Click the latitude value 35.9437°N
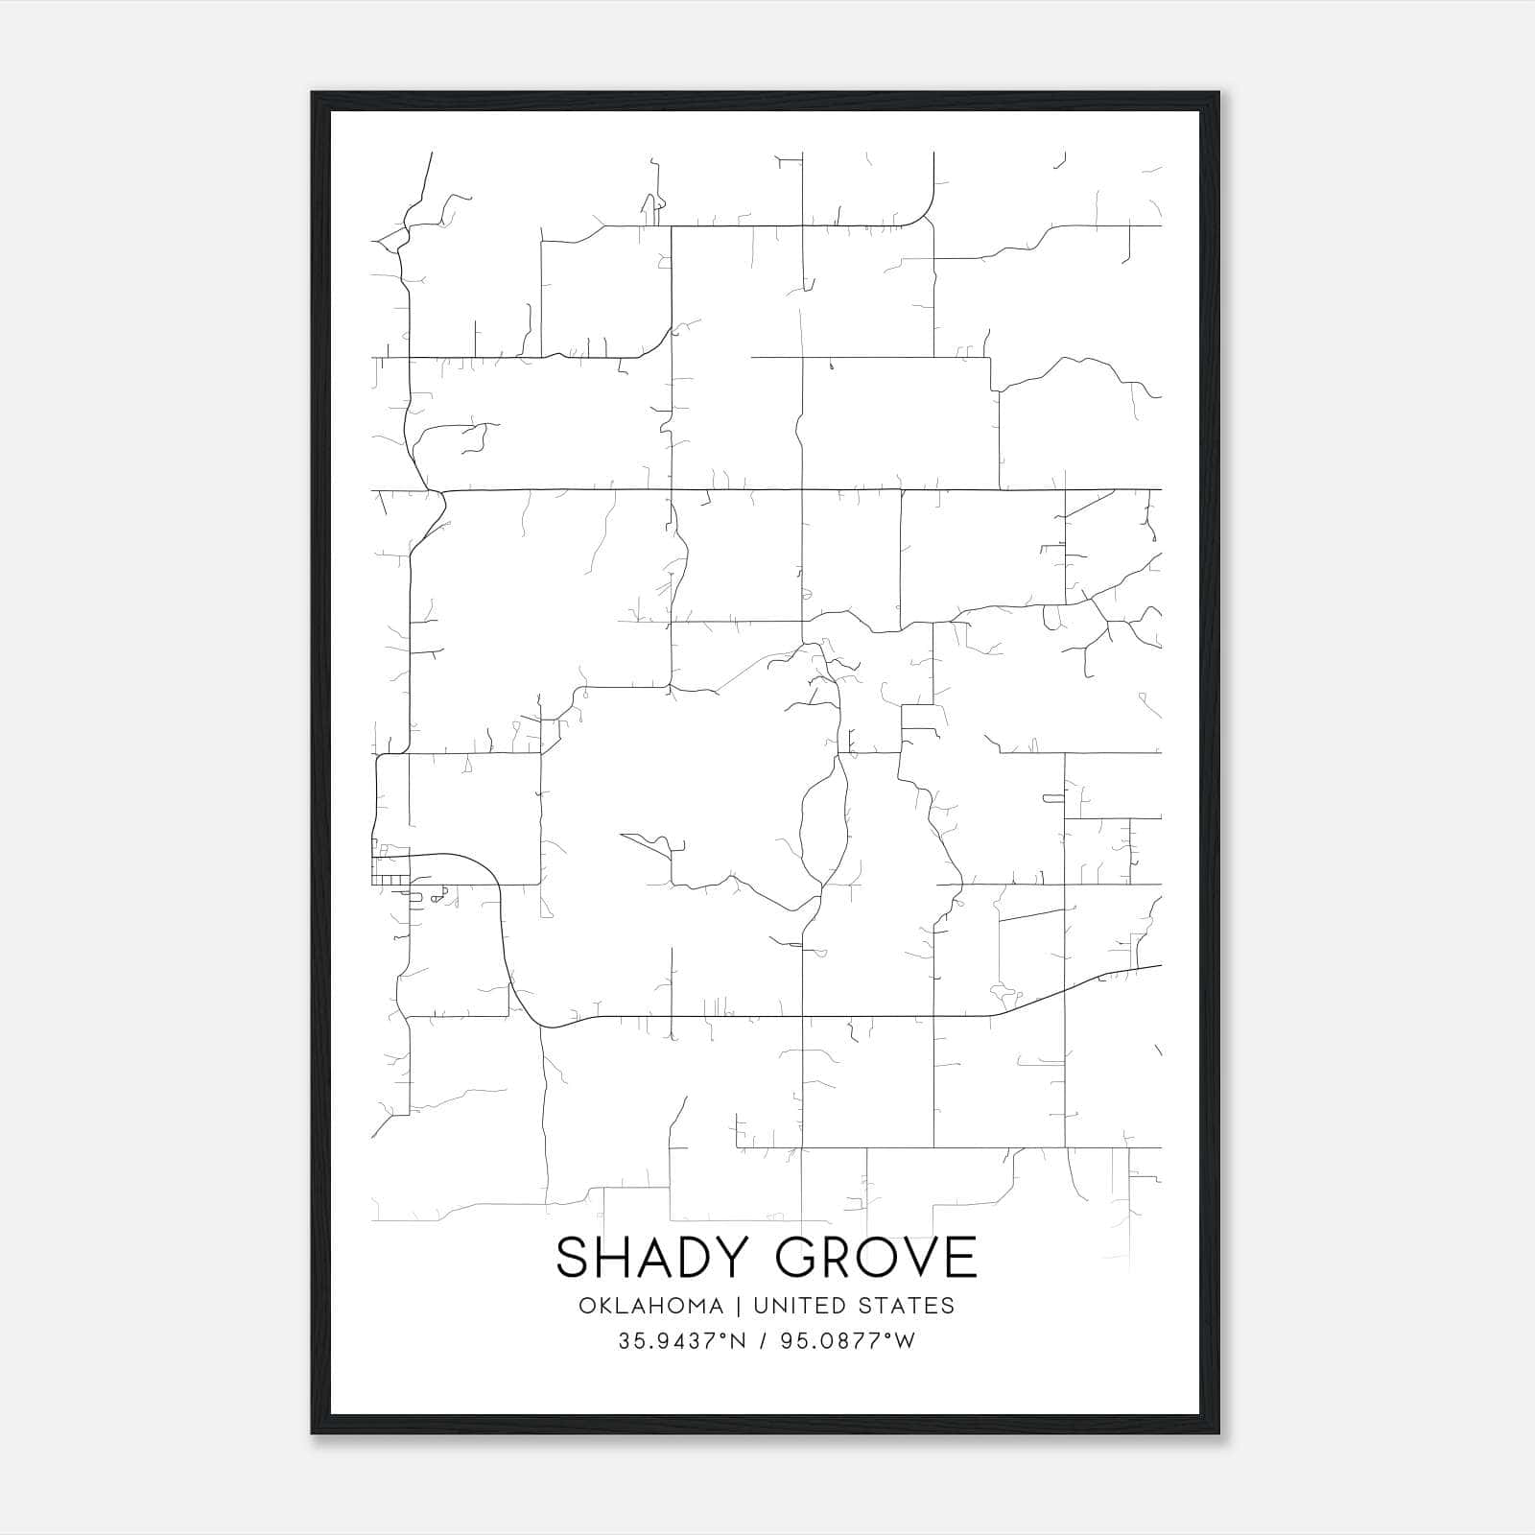click(x=682, y=1341)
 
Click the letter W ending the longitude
click(x=905, y=1341)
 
